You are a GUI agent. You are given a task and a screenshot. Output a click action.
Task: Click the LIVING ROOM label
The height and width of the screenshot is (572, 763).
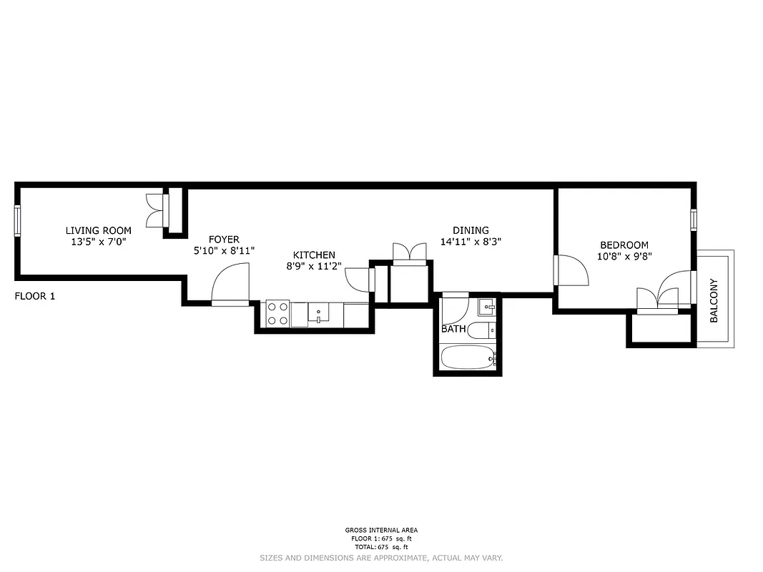(x=99, y=230)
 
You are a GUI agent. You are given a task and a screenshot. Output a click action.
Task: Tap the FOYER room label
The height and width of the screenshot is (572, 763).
(x=224, y=240)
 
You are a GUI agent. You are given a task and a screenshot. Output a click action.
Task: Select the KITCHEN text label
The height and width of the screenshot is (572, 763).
(x=314, y=255)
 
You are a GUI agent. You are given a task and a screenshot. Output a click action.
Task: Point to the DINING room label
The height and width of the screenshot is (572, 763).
(x=471, y=230)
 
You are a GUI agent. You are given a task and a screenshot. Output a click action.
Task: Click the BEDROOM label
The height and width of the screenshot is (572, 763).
(x=624, y=245)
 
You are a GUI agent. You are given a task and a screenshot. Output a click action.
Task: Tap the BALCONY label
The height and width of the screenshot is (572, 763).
(x=714, y=300)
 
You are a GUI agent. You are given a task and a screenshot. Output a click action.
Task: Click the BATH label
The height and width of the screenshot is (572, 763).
(x=453, y=330)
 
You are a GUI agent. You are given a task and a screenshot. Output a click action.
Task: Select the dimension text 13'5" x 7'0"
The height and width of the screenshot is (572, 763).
(x=99, y=242)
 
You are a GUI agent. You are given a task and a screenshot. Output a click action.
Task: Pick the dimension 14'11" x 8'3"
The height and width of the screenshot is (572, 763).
(x=471, y=242)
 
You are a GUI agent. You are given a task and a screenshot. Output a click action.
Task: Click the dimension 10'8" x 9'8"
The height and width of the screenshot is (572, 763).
(x=624, y=256)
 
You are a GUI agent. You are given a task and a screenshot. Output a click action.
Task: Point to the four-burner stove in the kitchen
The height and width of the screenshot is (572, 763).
(x=277, y=313)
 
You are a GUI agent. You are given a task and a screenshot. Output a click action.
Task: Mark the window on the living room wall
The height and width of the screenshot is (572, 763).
(x=17, y=220)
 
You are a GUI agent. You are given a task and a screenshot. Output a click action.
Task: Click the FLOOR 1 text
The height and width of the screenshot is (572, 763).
(x=34, y=295)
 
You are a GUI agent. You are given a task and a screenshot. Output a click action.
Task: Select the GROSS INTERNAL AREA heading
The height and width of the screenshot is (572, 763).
(x=380, y=531)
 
